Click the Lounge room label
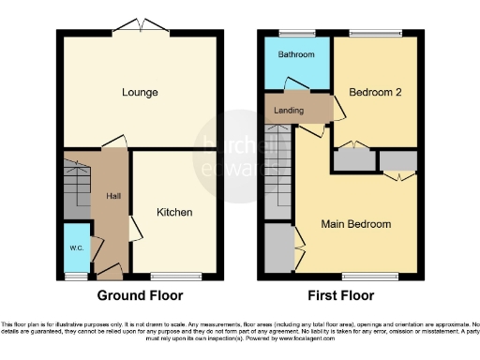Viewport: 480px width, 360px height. click(x=139, y=93)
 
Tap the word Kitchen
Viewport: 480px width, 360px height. click(x=173, y=212)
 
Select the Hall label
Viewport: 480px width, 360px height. click(x=112, y=196)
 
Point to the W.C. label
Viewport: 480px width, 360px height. click(x=76, y=247)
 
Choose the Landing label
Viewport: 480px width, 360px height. click(x=287, y=110)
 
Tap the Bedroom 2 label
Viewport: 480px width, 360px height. click(x=372, y=93)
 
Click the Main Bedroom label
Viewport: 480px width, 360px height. click(x=356, y=224)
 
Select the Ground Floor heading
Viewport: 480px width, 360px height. click(x=140, y=295)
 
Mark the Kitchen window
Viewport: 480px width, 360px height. click(x=173, y=277)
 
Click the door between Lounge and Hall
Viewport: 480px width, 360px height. click(x=113, y=142)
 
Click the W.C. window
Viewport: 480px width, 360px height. click(x=76, y=277)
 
